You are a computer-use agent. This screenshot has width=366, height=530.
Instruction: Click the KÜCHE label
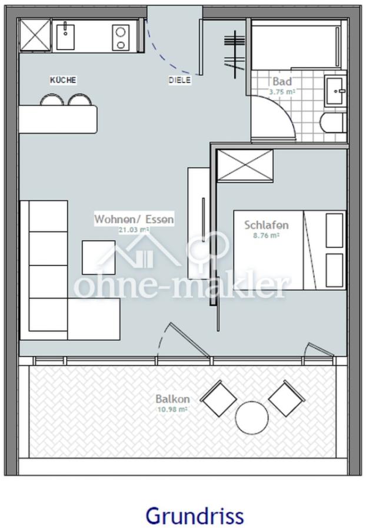coord(63,80)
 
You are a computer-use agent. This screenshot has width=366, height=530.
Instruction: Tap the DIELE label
coord(179,80)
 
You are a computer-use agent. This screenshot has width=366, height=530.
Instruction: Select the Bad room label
coord(282,81)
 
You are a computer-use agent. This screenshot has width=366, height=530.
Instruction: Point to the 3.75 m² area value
coord(282,92)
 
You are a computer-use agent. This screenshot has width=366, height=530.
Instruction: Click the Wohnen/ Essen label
coord(134,219)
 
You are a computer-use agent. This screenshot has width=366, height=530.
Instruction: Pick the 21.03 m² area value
coord(134,230)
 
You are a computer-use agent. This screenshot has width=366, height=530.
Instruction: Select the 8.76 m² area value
coord(267,236)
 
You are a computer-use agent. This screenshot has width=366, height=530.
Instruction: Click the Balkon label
coord(172,399)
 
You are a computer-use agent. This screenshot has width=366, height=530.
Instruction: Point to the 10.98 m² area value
coord(172,410)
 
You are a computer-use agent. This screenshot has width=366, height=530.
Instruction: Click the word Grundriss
coord(195,516)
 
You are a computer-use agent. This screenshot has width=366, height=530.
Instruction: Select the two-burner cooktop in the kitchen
coord(120,38)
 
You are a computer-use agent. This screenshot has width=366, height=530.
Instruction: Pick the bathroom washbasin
coord(335,91)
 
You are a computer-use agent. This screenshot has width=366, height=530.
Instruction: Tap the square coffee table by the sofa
coord(99,257)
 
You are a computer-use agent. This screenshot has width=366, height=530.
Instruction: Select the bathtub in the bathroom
coord(297,45)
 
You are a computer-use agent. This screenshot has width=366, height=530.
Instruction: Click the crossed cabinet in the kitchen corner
coord(35,35)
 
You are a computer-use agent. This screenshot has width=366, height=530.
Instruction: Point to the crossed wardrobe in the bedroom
coord(245,166)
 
